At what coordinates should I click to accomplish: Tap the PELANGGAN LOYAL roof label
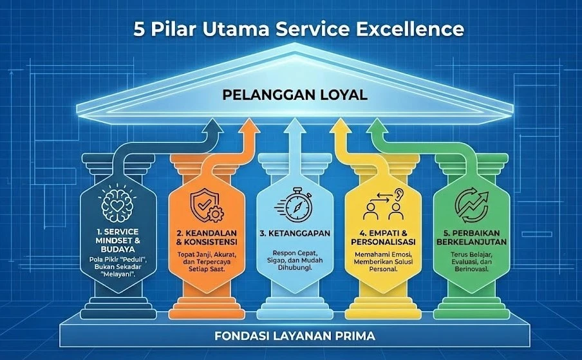[295, 95]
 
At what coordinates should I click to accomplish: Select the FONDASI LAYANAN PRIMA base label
[295, 336]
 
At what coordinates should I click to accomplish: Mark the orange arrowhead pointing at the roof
[250, 127]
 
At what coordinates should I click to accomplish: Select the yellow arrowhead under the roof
[339, 127]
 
